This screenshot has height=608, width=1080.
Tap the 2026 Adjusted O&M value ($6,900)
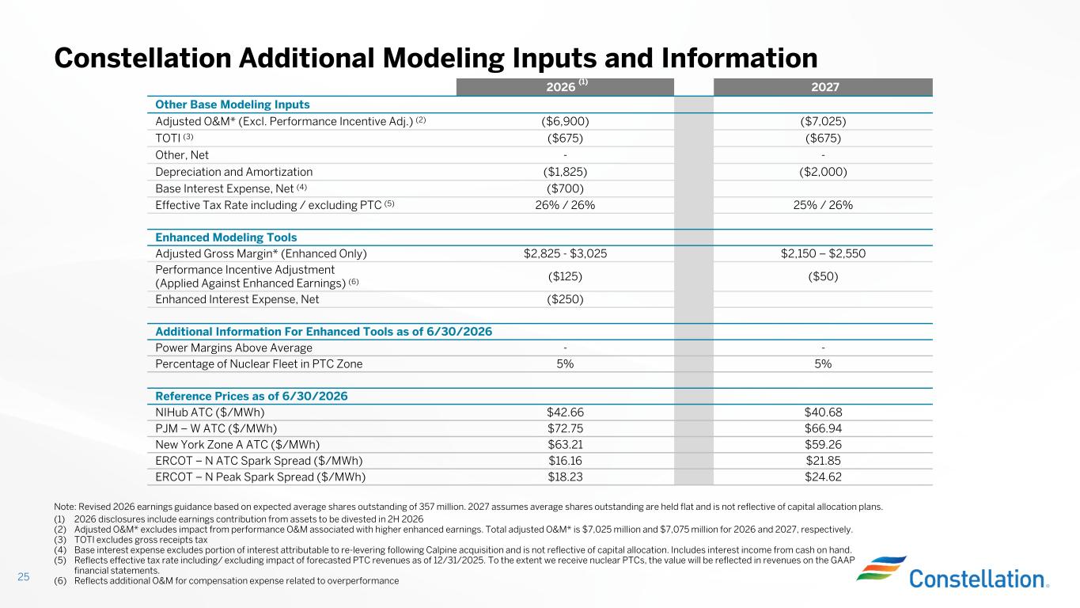coord(565,122)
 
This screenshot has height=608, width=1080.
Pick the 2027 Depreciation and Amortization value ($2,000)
coord(823,172)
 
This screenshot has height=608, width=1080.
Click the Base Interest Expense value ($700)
coord(565,188)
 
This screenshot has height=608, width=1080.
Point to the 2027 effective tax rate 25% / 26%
coord(823,205)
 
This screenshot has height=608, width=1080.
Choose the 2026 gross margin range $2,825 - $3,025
coord(565,254)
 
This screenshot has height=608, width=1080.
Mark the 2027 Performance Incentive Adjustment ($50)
coord(823,276)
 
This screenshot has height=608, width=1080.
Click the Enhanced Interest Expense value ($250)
coord(565,300)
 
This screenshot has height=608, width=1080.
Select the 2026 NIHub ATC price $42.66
coord(565,412)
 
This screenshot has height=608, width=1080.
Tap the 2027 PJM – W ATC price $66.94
coord(823,428)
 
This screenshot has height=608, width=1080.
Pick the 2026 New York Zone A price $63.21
coord(565,444)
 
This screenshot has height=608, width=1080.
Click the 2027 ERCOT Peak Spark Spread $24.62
coord(823,477)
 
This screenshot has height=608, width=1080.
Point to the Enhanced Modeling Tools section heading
coord(225,237)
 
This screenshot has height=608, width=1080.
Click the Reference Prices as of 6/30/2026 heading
coord(251,396)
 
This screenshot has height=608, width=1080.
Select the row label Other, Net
coord(182,155)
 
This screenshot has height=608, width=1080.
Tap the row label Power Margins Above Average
coord(233,348)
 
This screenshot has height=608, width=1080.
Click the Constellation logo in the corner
coord(953,573)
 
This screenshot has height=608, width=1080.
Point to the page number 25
coord(24,576)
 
